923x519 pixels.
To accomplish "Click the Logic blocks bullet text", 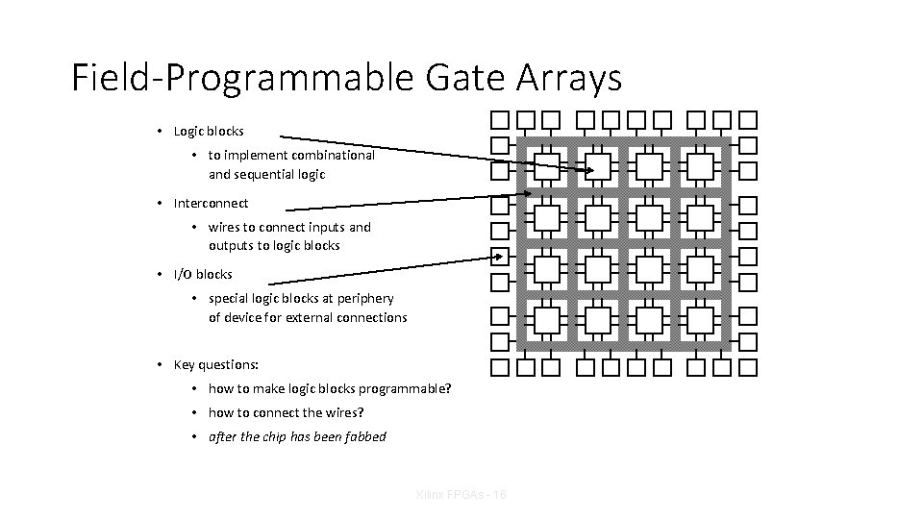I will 209,131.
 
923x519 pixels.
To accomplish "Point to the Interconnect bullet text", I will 211,203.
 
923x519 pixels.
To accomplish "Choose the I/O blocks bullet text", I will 203,274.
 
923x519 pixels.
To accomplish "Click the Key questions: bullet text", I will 216,364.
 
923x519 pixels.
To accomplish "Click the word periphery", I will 364,298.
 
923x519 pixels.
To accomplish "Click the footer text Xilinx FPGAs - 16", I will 461,494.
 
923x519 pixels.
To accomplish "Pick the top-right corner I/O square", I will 748,120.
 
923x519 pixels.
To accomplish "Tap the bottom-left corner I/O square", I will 500,366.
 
